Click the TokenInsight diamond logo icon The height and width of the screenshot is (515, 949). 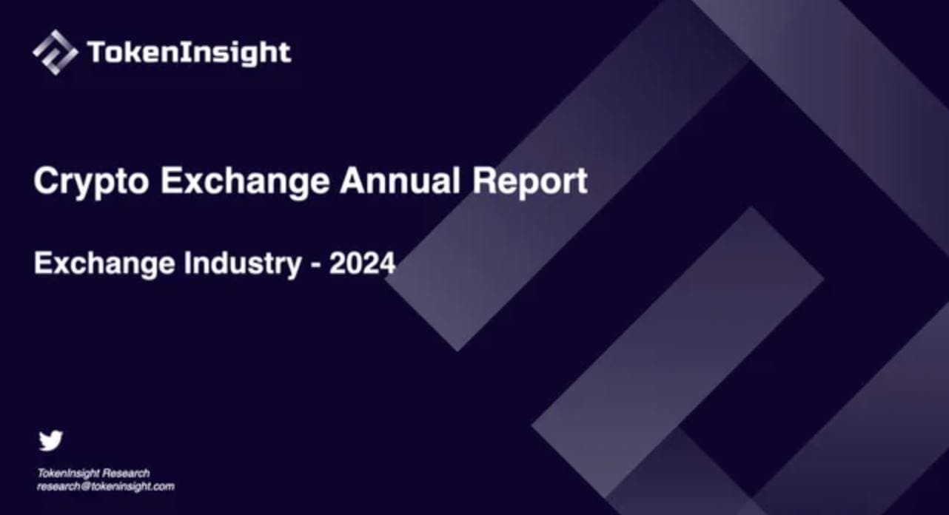55,52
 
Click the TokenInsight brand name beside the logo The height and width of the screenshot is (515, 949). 189,53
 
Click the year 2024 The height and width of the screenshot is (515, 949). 362,263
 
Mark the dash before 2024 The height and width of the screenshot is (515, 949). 315,265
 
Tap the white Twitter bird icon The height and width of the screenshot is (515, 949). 51,440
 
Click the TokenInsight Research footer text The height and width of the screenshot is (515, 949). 93,473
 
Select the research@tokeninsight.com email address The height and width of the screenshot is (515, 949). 106,486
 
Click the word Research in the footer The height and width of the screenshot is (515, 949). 126,473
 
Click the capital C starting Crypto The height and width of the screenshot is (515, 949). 46,181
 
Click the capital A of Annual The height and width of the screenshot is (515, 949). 352,181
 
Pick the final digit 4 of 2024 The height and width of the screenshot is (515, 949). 386,263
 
